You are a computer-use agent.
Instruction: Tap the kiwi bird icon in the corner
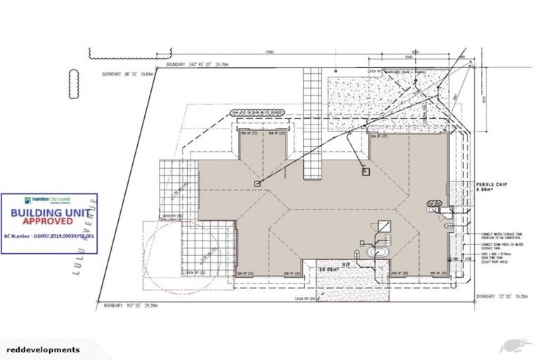point(514,345)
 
